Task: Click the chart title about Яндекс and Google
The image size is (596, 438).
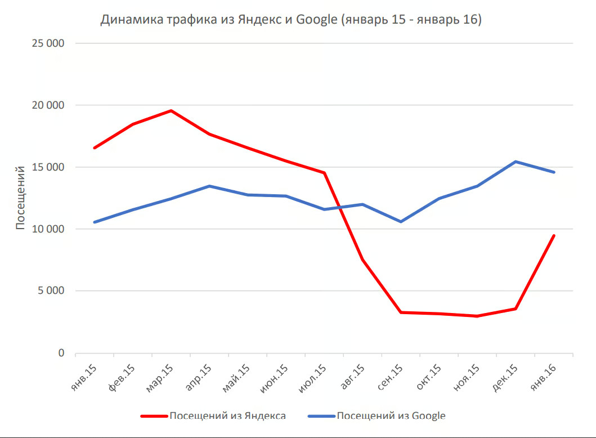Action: [291, 20]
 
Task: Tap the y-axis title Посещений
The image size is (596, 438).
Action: [20, 198]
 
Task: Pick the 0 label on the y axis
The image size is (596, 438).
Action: [62, 353]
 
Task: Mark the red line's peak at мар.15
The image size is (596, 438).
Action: [171, 110]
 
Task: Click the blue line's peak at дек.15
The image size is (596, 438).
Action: [516, 162]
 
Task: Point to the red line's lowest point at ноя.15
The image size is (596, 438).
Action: [477, 316]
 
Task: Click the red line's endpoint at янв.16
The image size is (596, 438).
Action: [554, 235]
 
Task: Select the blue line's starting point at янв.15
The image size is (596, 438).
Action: [95, 222]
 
